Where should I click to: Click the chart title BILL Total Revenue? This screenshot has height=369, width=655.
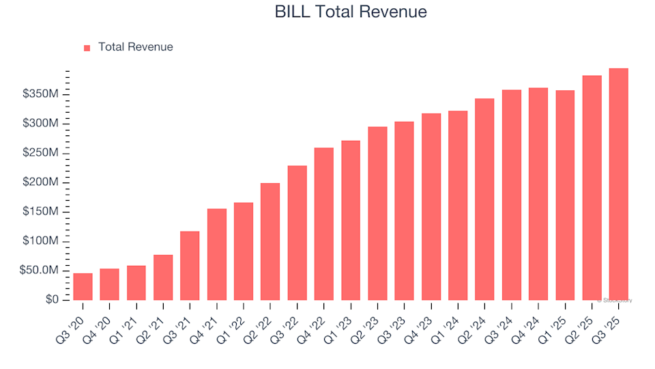tap(351, 12)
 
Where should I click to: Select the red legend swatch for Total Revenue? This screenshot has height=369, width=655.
tap(87, 48)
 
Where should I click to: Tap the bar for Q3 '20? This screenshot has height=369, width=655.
tap(83, 287)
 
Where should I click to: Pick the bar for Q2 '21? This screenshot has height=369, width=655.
tap(163, 277)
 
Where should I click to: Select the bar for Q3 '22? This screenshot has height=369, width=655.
tap(297, 233)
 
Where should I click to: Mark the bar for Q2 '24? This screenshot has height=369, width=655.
tap(484, 200)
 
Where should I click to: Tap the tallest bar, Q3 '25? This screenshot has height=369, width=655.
tap(618, 184)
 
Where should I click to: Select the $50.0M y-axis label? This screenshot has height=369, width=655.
tap(42, 271)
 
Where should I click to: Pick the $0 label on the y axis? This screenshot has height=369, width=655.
tap(53, 300)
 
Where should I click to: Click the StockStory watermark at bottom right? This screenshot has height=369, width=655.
tap(615, 300)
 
